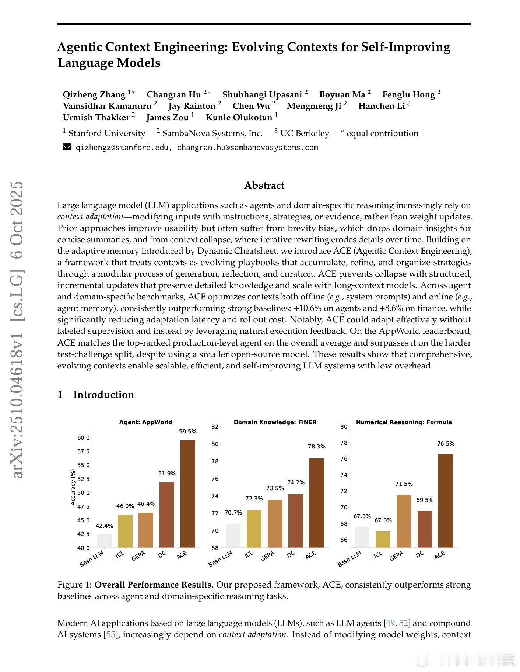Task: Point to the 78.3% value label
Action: pos(317,447)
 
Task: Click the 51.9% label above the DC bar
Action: pos(167,474)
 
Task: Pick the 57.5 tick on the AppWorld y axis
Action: pos(83,451)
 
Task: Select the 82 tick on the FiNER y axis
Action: pos(215,427)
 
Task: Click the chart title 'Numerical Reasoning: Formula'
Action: pos(404,422)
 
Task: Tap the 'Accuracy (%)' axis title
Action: pos(73,487)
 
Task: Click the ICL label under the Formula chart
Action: pos(378,554)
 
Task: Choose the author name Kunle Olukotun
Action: pos(239,118)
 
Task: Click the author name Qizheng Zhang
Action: pos(94,95)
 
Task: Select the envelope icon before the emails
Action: pos(67,148)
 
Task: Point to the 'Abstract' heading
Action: pos(264,185)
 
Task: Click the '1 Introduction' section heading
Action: pos(96,395)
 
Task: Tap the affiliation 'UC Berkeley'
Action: pos(305,133)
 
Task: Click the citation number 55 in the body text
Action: pos(110,635)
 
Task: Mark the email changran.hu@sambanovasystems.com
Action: pos(247,148)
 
